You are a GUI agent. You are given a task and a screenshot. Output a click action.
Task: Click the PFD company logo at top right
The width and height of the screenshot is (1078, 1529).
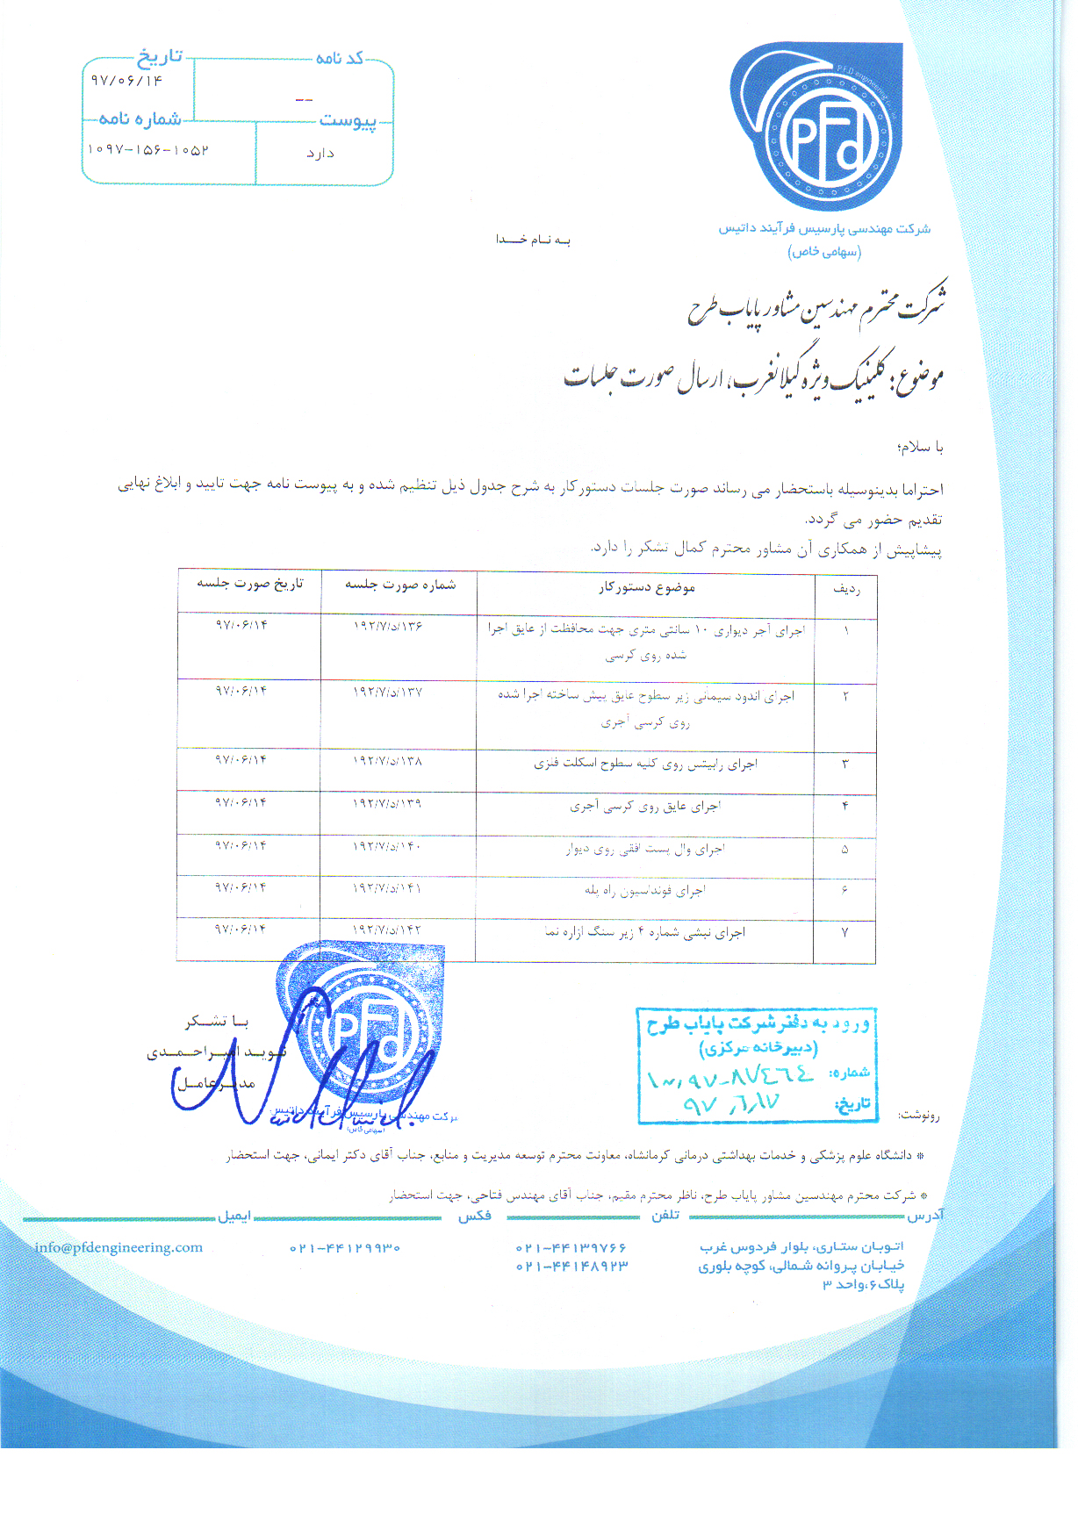point(816,127)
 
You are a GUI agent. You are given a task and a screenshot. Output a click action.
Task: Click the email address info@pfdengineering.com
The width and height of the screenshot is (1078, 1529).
point(119,1247)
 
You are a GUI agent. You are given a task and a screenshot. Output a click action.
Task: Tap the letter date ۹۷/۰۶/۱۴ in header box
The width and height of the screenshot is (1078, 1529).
point(126,81)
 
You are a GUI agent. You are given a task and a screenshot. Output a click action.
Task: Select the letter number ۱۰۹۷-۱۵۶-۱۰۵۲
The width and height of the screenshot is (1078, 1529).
point(147,150)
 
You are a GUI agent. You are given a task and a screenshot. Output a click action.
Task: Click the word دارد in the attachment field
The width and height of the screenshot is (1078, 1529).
point(320,154)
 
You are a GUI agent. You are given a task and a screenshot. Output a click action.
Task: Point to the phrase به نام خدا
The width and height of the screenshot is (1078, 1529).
point(533,240)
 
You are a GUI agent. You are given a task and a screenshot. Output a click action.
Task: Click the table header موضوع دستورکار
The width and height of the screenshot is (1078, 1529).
point(647,587)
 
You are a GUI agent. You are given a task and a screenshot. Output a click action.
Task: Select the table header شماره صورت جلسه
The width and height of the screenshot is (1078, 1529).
point(400,585)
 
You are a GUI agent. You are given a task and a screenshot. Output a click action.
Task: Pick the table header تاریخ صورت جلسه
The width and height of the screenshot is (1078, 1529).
point(250,583)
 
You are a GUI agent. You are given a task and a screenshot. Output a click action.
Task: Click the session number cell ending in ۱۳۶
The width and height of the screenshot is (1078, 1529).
point(388,626)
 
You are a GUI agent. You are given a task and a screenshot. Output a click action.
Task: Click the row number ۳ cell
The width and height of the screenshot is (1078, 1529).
point(845,764)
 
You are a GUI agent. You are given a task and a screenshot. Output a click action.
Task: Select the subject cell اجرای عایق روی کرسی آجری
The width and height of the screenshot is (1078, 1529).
point(645,806)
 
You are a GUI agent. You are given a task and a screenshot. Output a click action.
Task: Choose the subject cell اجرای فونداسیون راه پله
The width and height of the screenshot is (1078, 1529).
point(645,891)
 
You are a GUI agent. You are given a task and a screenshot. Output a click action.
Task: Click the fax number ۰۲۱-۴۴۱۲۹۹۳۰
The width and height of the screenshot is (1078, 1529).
point(345,1248)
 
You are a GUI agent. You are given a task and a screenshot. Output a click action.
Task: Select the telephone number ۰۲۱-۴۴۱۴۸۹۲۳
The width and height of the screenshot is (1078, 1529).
point(571,1267)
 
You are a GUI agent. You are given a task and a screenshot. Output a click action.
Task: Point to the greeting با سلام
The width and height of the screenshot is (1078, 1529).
point(920,447)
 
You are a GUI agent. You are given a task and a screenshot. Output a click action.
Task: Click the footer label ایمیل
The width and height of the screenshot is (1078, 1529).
point(234,1217)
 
